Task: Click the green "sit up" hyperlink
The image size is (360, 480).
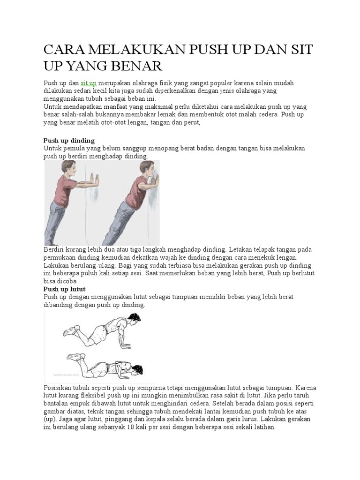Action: (x=89, y=83)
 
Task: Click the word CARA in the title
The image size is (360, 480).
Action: (x=63, y=50)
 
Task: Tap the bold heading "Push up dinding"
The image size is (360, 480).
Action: (x=69, y=141)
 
